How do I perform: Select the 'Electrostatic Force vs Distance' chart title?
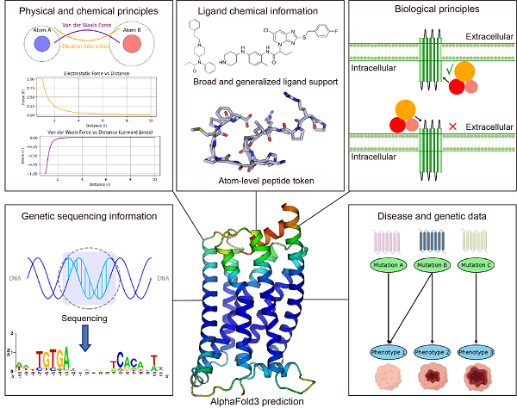(x=85, y=72)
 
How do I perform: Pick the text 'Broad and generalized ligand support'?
(x=257, y=81)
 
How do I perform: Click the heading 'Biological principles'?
(x=431, y=13)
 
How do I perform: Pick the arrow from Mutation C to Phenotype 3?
(x=473, y=310)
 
